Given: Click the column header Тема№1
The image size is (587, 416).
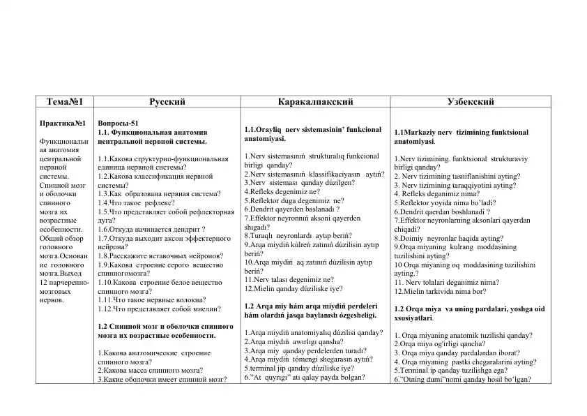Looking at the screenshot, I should tap(64, 102).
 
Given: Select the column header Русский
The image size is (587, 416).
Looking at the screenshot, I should tap(167, 102).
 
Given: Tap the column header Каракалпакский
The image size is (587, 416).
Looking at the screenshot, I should tap(315, 102).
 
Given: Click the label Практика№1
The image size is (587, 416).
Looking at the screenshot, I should tap(64, 123).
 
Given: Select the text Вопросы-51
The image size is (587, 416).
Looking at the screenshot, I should tap(119, 123).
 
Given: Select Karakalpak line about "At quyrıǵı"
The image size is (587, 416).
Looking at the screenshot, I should tap(295, 378).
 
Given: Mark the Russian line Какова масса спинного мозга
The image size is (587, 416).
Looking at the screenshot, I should tap(150, 371).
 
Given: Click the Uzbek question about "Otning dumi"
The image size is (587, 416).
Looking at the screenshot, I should tap(463, 380).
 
